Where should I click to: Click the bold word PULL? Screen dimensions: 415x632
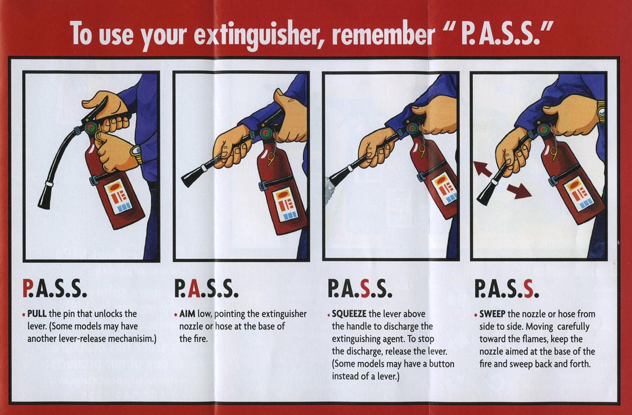[38, 314]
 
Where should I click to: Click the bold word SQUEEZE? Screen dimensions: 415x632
[350, 314]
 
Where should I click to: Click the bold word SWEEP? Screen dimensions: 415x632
[493, 314]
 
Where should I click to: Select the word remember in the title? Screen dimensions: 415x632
[385, 35]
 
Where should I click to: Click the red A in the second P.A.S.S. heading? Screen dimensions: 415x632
[195, 288]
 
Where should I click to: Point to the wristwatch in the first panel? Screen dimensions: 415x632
[137, 154]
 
